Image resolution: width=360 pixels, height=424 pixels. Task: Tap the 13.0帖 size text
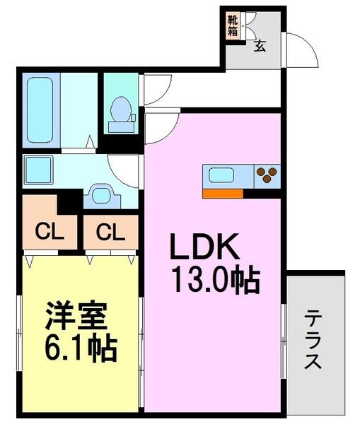214,281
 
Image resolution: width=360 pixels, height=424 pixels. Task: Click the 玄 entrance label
260,47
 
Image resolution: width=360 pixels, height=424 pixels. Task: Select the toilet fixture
121,113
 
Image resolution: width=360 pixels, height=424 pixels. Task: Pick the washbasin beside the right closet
102,194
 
